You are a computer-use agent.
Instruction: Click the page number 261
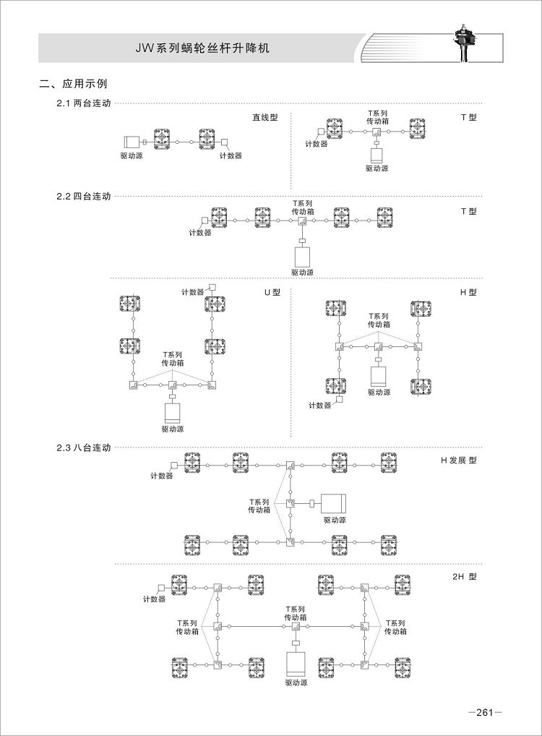pos(485,713)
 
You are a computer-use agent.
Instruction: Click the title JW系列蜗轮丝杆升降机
pos(202,48)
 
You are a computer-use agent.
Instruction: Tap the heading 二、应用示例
pos(73,84)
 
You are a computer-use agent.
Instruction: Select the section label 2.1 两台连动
pos(84,103)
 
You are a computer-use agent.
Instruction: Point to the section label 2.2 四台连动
pos(84,196)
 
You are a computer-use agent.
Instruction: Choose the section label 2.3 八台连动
pos(84,448)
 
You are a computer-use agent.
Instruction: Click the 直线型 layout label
pos(265,117)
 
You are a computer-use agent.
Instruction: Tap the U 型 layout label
pos(272,292)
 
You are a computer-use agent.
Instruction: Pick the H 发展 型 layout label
pos(458,461)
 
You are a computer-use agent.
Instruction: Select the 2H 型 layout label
pos(465,576)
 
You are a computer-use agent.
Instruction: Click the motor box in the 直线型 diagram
pos(132,142)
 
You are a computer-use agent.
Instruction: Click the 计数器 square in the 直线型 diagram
pos(224,142)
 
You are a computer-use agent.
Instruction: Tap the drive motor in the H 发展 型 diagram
pos(333,504)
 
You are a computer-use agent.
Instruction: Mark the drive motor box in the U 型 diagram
pos(173,412)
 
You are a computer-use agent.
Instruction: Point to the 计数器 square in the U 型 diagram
pos(212,287)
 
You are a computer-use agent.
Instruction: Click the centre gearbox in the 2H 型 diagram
pos(296,626)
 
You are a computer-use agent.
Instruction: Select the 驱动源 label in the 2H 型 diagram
pos(296,683)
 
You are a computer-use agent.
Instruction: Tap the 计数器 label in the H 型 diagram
pos(319,406)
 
